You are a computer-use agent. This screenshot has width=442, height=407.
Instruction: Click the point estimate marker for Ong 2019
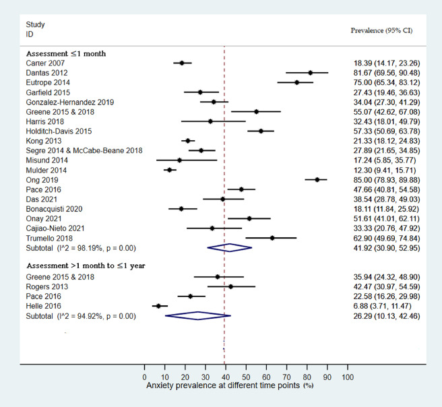tap(317, 179)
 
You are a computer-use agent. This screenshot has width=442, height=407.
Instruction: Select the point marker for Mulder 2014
tap(169, 170)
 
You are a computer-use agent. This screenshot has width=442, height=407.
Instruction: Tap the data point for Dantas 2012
tap(311, 72)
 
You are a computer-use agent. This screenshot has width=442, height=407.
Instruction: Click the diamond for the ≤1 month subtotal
tap(230, 247)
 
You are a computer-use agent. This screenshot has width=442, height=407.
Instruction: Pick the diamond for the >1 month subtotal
tap(197, 315)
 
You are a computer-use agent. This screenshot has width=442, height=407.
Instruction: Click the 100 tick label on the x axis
tap(348, 377)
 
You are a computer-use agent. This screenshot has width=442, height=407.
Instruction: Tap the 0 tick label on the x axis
tap(144, 377)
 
